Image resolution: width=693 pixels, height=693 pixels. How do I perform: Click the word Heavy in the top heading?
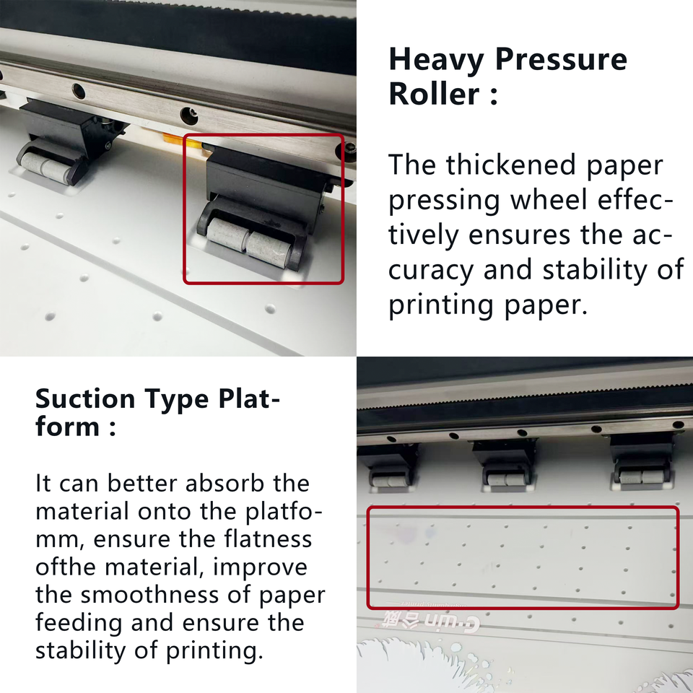pos(436,61)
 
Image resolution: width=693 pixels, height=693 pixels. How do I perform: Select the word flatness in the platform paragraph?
pos(268,539)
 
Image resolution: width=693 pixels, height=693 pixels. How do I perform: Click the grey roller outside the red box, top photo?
pos(45,167)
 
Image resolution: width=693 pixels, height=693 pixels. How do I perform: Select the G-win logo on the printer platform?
pos(427,618)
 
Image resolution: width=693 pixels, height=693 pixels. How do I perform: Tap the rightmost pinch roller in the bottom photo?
pos(642,476)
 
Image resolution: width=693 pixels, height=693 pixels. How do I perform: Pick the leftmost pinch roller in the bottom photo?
pos(388,481)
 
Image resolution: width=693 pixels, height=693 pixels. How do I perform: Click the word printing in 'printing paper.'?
pos(440,305)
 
